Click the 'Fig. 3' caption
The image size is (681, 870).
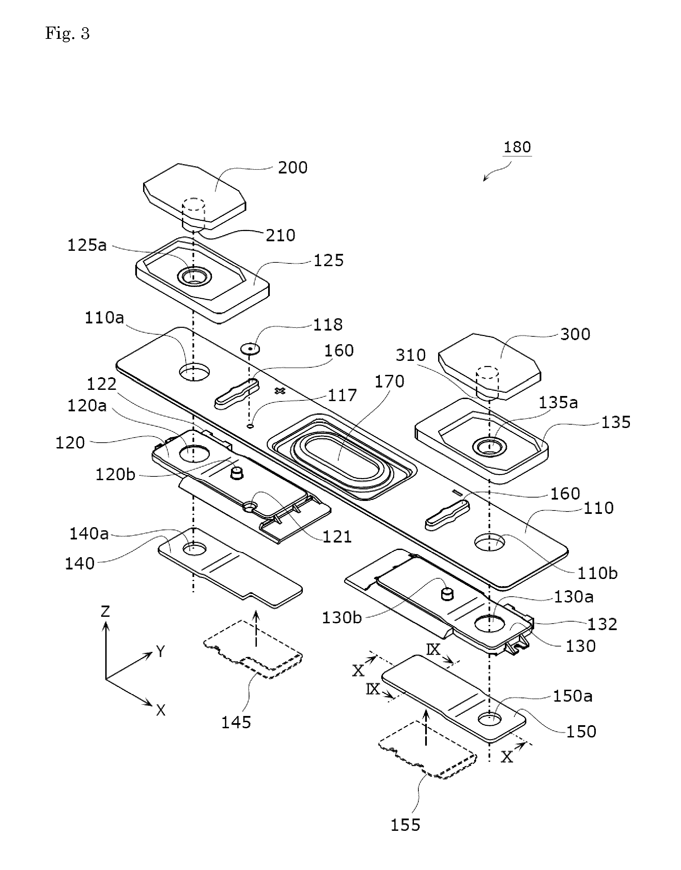(67, 33)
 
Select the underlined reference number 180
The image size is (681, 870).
(517, 147)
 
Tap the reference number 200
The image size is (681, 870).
(293, 168)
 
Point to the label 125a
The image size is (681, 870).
(87, 245)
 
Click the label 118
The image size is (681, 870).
(328, 325)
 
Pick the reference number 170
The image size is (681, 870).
(389, 381)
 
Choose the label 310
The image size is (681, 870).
(411, 355)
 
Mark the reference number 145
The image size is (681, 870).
(236, 722)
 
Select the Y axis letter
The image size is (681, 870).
(160, 652)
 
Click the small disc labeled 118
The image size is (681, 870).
(250, 349)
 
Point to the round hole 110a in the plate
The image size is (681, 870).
(194, 372)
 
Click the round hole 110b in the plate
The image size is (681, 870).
(490, 542)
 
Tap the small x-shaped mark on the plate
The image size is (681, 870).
(280, 391)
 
